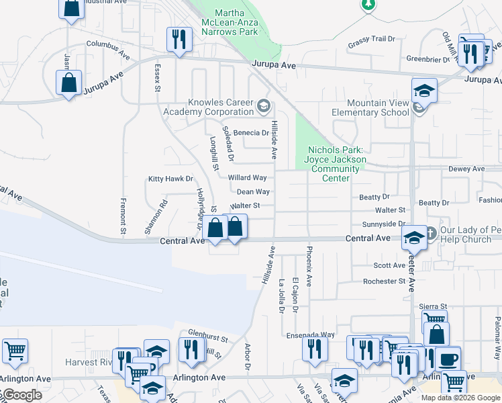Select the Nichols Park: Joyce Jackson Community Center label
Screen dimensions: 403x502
point(336,164)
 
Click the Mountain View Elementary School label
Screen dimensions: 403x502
point(370,107)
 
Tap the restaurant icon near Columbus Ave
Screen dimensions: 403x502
point(179,39)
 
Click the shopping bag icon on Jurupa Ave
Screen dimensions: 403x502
point(68,83)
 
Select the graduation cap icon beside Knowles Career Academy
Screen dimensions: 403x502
point(264,105)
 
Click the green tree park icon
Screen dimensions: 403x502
point(368,5)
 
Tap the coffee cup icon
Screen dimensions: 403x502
point(448,359)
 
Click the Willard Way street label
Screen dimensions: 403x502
point(248,178)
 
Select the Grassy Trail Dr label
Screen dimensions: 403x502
point(371,39)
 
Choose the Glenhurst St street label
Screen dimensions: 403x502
point(208,332)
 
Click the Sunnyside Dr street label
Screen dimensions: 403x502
point(384,224)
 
